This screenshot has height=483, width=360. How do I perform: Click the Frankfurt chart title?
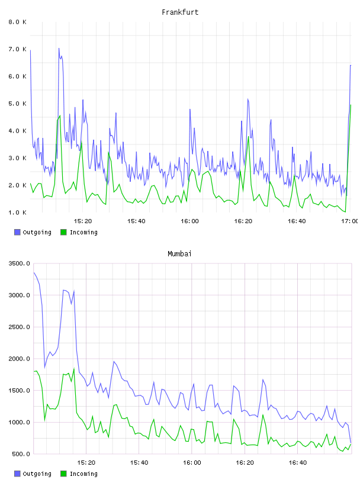[180, 12]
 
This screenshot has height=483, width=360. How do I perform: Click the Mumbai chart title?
[179, 254]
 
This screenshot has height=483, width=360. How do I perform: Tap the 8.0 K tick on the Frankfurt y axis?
[18, 22]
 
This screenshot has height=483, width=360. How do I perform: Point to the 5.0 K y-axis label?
[18, 104]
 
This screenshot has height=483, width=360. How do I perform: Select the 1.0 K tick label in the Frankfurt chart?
[18, 212]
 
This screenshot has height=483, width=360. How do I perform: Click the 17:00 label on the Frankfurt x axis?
[349, 221]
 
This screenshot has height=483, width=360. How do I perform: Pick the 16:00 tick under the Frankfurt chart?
[190, 221]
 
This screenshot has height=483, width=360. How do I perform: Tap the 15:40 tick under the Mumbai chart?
[139, 463]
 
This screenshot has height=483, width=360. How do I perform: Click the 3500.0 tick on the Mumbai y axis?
[20, 263]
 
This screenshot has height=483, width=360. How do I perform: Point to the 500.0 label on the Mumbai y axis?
[21, 454]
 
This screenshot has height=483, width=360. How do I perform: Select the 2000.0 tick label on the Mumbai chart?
[20, 359]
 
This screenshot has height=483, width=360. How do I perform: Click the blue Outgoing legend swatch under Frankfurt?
[17, 232]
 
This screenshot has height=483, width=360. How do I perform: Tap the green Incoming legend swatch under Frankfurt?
[63, 232]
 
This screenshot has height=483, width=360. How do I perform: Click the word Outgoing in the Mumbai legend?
[37, 474]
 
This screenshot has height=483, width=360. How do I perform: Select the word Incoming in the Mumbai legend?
[83, 474]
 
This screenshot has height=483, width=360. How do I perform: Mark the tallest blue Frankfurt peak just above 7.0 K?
[59, 49]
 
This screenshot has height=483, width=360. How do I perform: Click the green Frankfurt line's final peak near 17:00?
[351, 105]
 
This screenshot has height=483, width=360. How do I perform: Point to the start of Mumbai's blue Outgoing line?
[34, 273]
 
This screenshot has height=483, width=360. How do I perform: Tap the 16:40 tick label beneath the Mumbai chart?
[298, 463]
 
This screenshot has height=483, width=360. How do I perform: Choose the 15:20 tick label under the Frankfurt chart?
[83, 221]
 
